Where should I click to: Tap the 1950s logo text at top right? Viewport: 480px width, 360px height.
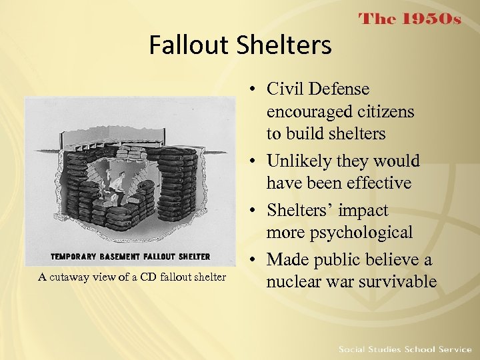click(409, 19)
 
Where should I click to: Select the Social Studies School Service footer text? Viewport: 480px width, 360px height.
click(405, 349)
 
